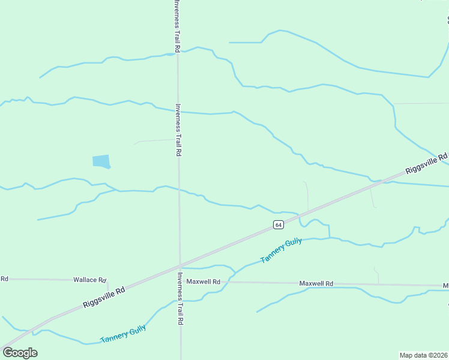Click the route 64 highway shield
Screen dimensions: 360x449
(x=278, y=224)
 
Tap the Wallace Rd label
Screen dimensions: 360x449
(x=89, y=280)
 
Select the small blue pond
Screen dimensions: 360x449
(x=101, y=161)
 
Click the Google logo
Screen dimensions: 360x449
(x=20, y=352)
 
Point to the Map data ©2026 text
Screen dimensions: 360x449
(x=423, y=355)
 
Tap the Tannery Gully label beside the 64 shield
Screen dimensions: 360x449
(x=281, y=251)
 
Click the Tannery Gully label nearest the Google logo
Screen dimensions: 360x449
(x=123, y=334)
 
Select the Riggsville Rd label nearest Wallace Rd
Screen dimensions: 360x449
(x=104, y=298)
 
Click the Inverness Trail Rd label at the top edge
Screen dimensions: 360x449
(x=176, y=25)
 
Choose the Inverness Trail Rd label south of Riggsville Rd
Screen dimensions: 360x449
(x=180, y=298)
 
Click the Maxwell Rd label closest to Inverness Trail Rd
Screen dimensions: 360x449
(x=203, y=281)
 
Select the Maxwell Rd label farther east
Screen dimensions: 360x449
(x=316, y=283)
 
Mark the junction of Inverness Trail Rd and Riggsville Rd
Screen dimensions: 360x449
(x=179, y=266)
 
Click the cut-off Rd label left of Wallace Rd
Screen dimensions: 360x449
(x=4, y=278)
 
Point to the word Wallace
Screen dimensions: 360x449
(x=85, y=280)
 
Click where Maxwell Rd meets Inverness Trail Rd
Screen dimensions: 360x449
(x=179, y=281)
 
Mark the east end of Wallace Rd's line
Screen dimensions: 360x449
(x=107, y=280)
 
